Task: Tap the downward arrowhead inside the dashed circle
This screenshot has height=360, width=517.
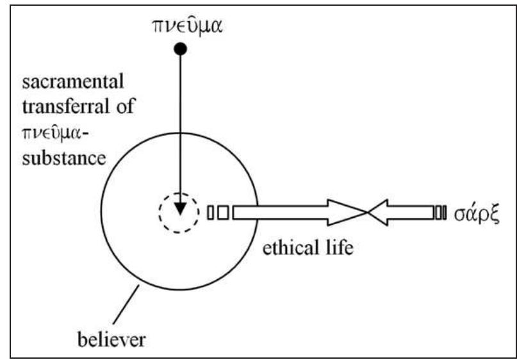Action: (180, 209)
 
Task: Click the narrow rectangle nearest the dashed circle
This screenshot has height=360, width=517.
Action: (211, 212)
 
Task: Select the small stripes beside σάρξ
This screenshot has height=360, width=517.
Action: (441, 212)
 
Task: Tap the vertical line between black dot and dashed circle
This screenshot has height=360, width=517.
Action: (181, 128)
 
